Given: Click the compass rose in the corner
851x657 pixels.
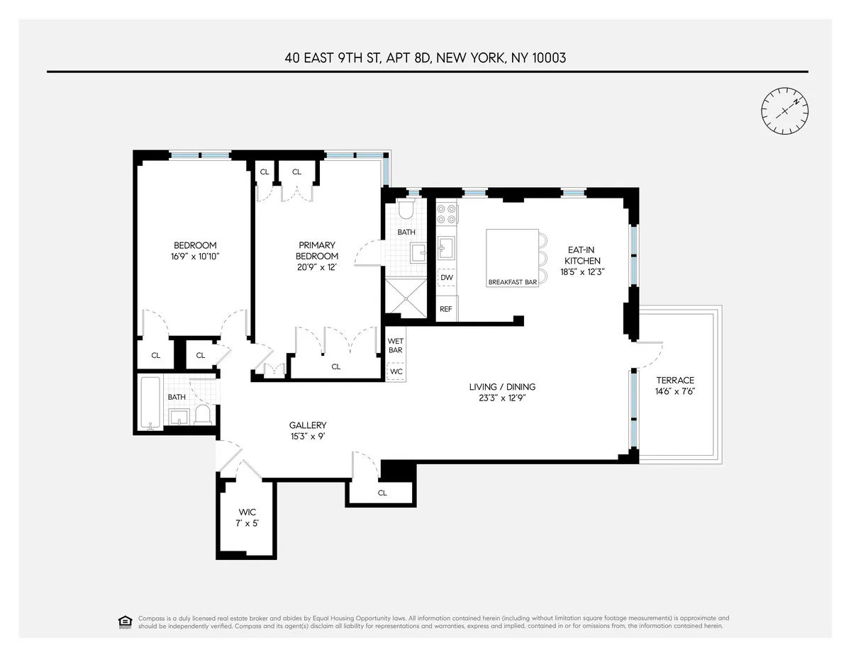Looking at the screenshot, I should tap(785, 111).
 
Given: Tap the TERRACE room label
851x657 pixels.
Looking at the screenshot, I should tap(674, 381).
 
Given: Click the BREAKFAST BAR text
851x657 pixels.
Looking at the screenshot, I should tap(512, 282).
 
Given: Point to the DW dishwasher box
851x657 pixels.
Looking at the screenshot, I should tap(446, 277).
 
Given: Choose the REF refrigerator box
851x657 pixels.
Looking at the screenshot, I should tap(446, 309).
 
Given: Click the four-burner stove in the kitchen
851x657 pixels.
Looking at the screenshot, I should tap(446, 215).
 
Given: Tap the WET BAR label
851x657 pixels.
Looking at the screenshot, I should tap(395, 346).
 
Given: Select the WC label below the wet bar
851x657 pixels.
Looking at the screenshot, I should tap(395, 371).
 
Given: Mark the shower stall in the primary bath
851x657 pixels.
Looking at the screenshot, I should tap(406, 296).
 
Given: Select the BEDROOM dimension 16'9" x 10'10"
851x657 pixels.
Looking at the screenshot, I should tap(195, 257).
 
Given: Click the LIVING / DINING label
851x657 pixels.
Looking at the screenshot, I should tap(502, 387).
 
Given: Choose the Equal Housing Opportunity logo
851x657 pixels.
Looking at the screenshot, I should tap(125, 622).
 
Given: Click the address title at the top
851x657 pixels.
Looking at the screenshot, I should tap(425, 58).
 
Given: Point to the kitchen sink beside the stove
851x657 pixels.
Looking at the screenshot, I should tap(446, 248).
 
